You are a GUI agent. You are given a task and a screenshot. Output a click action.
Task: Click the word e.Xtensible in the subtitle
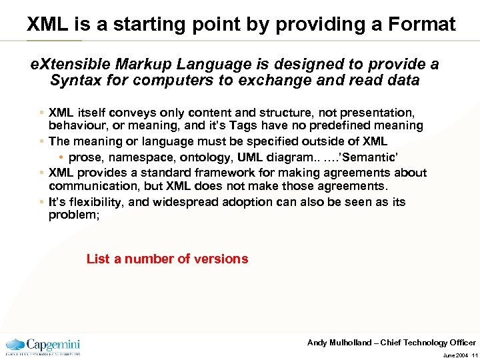tap(73, 65)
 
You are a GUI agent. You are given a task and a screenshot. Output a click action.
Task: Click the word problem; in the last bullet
tap(74, 215)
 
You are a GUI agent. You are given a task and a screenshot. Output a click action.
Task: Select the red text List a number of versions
tap(167, 259)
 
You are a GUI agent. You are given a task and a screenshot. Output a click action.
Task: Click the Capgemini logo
tap(44, 345)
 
